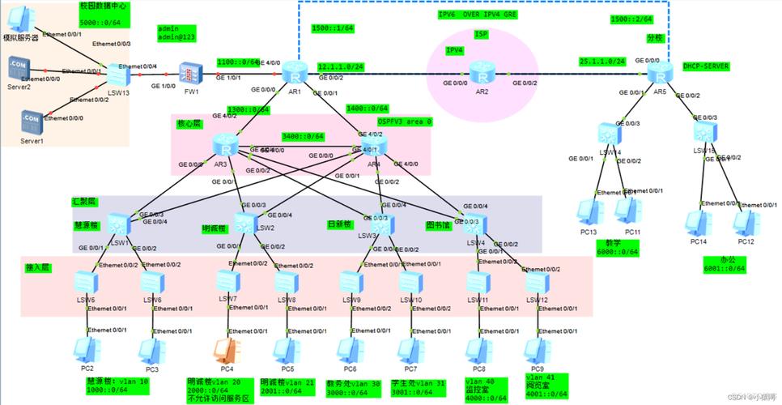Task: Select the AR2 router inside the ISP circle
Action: point(482,75)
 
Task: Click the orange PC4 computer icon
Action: point(224,351)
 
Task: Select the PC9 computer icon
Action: point(534,350)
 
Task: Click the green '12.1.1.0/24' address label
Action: point(341,66)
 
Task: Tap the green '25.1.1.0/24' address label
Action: point(602,61)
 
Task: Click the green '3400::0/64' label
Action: point(303,136)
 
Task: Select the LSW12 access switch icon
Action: point(534,282)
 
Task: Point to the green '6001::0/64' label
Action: point(725,268)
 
